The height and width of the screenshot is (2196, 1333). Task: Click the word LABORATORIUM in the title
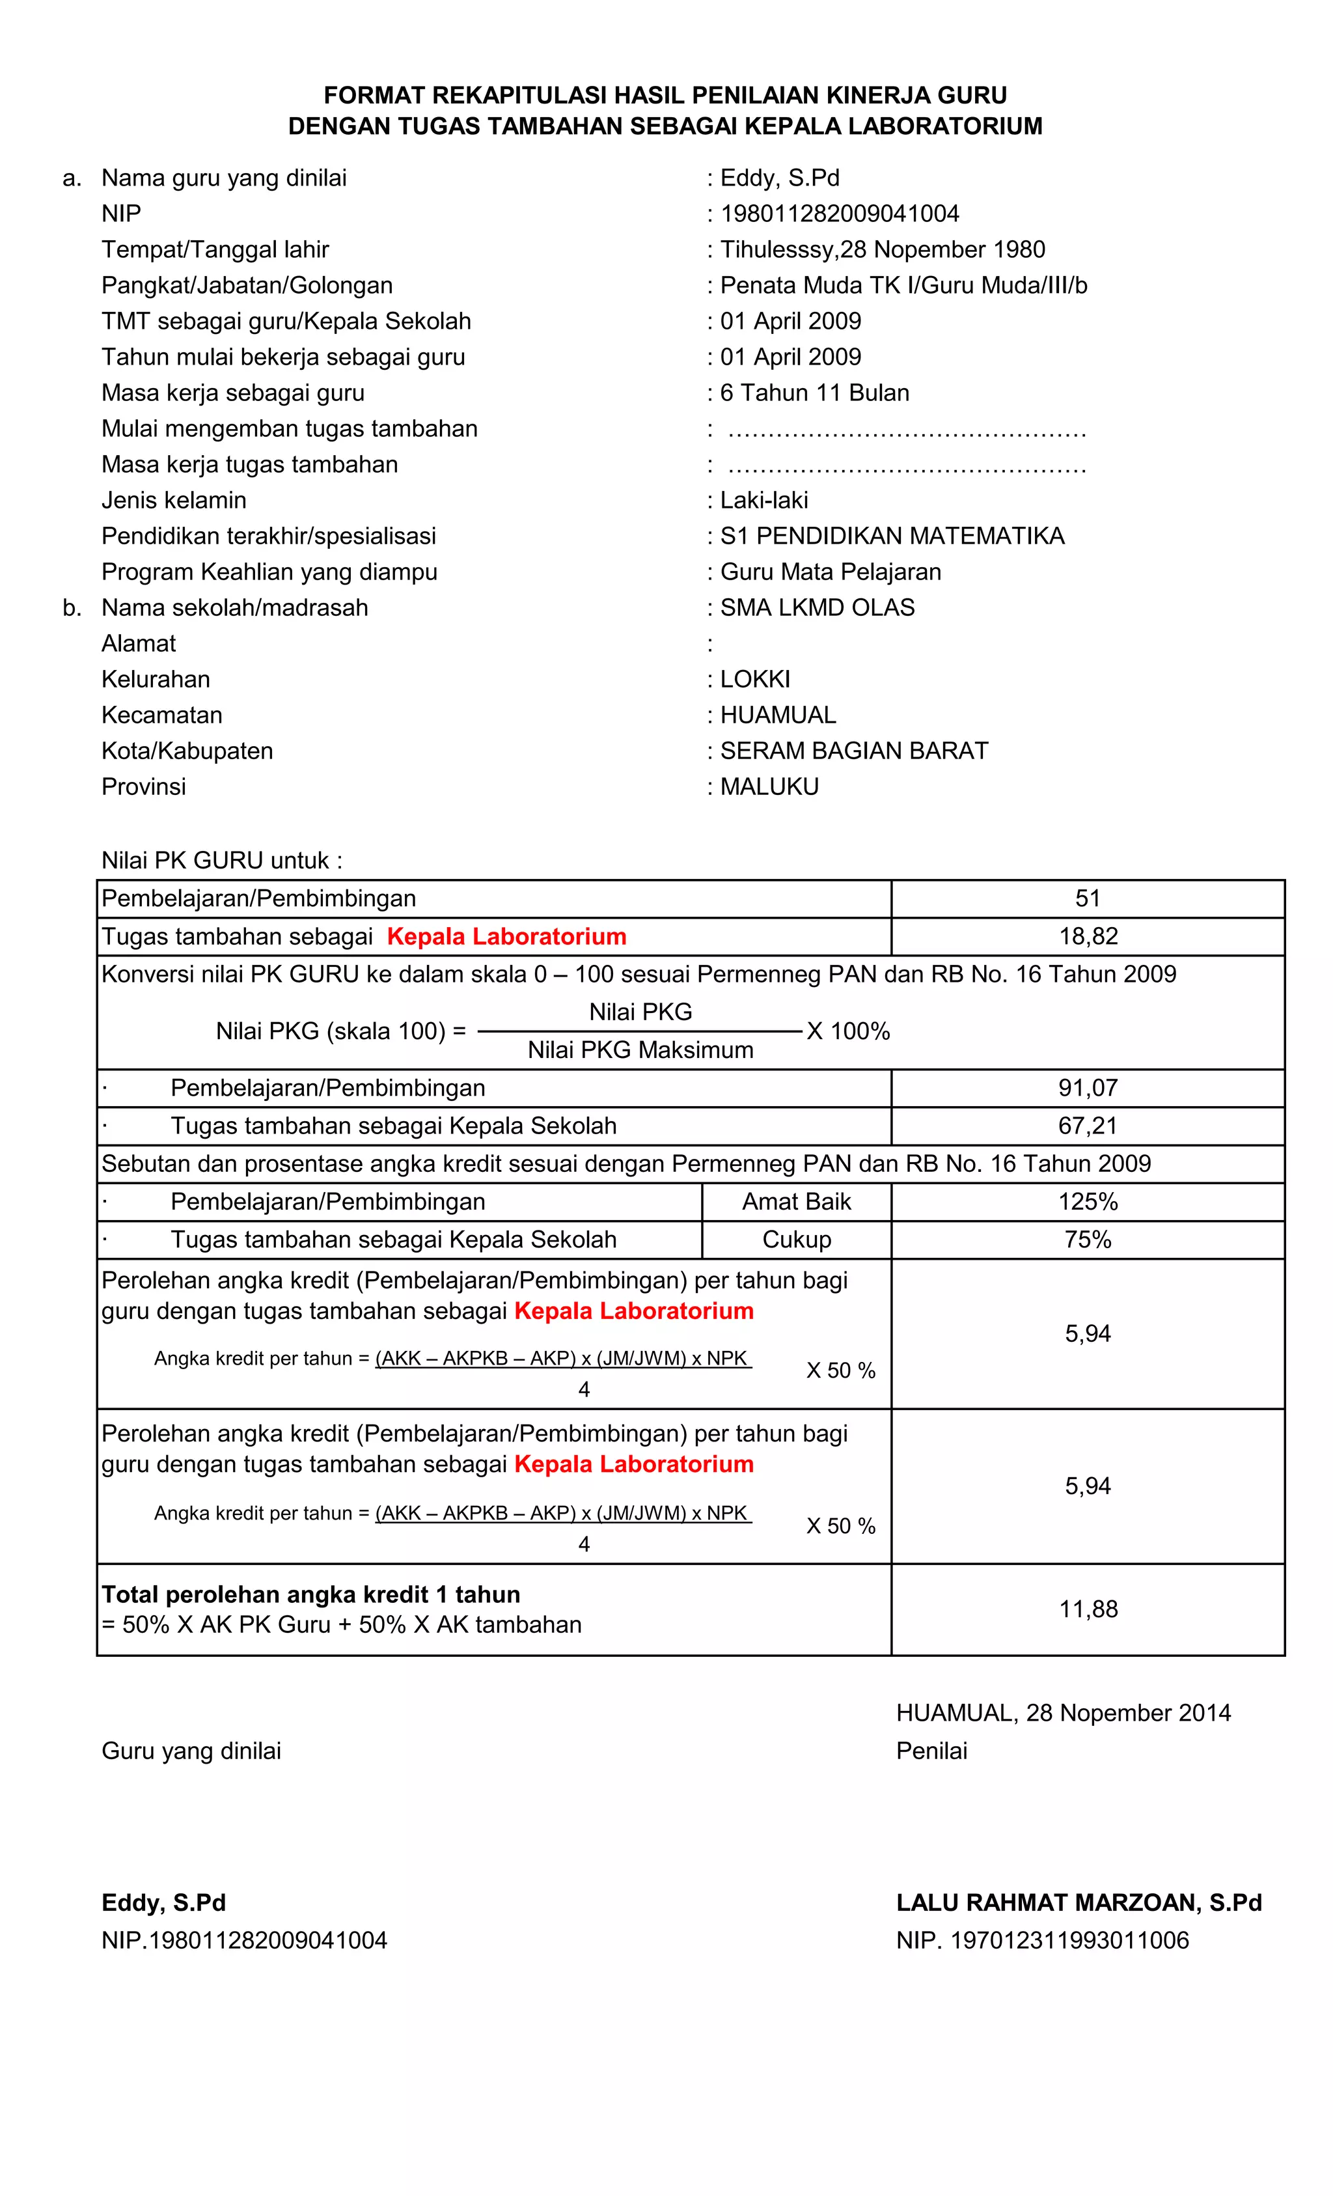click(x=944, y=126)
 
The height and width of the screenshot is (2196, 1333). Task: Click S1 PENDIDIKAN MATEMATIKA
click(x=892, y=536)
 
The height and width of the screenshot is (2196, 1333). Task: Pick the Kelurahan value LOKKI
click(x=755, y=679)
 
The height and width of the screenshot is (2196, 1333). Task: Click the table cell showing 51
click(x=1087, y=898)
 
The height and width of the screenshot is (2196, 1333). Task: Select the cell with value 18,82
click(x=1087, y=936)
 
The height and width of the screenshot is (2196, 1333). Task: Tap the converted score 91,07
click(x=1087, y=1087)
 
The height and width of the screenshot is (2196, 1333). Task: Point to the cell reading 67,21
click(x=1087, y=1126)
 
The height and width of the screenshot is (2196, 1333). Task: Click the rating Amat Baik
click(x=797, y=1201)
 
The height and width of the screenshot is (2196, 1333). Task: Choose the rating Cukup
click(x=797, y=1240)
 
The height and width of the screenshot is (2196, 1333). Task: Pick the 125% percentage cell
click(x=1087, y=1201)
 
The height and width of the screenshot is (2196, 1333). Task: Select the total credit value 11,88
click(x=1087, y=1609)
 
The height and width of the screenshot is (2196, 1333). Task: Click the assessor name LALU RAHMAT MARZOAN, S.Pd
click(x=1078, y=1903)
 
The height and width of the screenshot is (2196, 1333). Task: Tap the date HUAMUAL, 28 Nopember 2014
click(x=1063, y=1713)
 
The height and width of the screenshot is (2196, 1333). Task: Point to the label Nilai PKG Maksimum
click(x=640, y=1050)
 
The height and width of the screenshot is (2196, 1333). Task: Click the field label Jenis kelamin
click(x=174, y=500)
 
